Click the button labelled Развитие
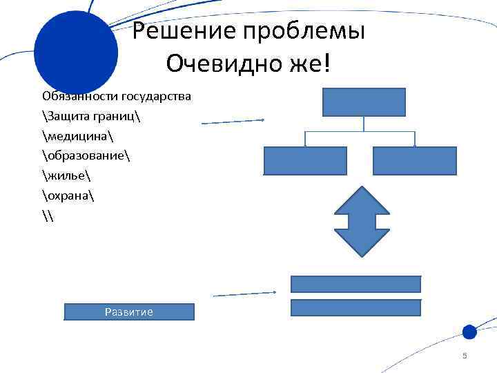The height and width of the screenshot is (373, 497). tap(129, 312)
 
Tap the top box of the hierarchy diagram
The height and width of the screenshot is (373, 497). tap(364, 102)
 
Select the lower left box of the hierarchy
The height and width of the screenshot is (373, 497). tap(305, 161)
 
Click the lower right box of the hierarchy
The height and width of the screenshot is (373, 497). tap(415, 161)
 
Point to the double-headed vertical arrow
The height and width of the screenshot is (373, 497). tap(364, 222)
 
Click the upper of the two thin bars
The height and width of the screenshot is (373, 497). tap(356, 284)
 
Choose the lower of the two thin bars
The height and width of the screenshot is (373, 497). tap(356, 307)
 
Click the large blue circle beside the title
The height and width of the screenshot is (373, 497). tap(76, 52)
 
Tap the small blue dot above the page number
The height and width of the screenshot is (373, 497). tap(469, 332)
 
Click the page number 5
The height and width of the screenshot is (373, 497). tap(465, 356)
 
